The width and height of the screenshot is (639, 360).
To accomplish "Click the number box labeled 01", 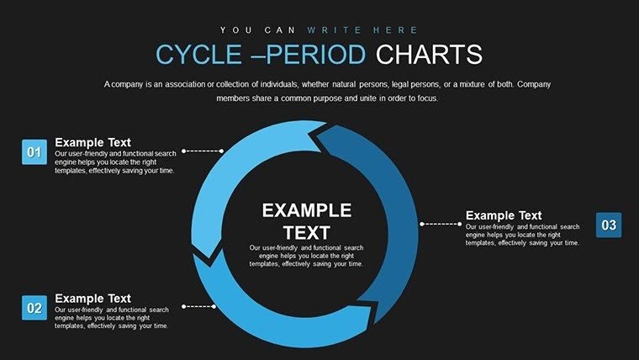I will [x=34, y=152].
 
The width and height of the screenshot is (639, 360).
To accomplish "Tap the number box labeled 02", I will [x=34, y=309].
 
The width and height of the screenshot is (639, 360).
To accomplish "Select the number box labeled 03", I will [x=609, y=225].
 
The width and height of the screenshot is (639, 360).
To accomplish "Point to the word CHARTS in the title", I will [x=429, y=56].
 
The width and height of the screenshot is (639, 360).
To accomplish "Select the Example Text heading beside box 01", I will [x=92, y=142].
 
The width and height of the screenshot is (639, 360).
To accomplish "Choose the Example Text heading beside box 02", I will [x=92, y=298].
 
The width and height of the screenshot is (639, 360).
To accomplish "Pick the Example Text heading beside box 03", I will [x=504, y=215].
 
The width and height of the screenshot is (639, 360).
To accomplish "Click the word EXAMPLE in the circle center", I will [x=306, y=210].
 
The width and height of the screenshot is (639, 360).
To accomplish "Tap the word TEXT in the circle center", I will [x=306, y=232].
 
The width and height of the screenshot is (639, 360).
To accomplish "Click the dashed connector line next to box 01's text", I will [x=202, y=151].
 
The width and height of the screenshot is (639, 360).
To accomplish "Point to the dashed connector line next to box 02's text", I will [x=202, y=306].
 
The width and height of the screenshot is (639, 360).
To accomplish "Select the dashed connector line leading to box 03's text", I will [x=441, y=224].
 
